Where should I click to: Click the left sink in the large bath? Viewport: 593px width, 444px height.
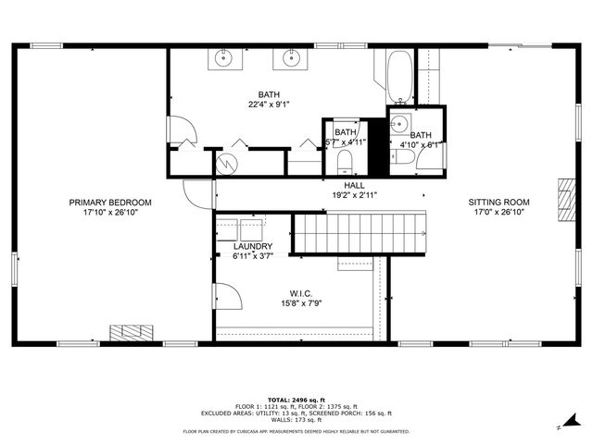coord(224,60)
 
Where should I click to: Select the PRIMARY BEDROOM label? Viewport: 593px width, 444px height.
coord(110,202)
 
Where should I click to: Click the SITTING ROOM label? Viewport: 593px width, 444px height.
coord(498,202)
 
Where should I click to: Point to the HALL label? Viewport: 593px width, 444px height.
coord(329,185)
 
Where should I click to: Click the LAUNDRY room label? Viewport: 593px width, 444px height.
coord(252,246)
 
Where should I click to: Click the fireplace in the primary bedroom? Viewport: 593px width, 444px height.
coord(130,332)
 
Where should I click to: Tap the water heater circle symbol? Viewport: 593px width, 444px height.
coord(226,163)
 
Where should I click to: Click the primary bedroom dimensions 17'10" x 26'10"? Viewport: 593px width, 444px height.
coord(110,212)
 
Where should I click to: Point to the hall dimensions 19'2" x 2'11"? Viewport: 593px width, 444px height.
coord(329,195)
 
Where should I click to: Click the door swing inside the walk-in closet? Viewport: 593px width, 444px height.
coord(230,298)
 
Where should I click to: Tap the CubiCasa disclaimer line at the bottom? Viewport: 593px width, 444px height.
coord(296,431)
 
